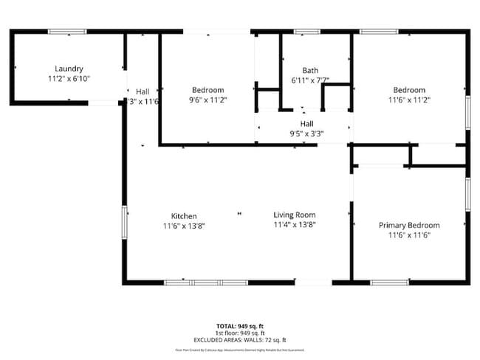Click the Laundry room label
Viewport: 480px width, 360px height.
click(69, 68)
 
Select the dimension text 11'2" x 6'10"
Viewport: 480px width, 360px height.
click(69, 77)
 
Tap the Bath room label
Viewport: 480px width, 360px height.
click(310, 71)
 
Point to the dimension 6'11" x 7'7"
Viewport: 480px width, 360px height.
click(310, 80)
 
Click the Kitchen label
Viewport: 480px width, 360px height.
click(184, 216)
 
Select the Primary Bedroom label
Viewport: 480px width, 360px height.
click(409, 225)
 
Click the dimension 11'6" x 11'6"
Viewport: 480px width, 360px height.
click(409, 235)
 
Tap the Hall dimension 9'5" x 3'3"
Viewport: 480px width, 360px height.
click(306, 134)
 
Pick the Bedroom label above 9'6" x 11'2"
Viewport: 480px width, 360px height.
click(208, 90)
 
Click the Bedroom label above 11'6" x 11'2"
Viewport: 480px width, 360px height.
click(409, 90)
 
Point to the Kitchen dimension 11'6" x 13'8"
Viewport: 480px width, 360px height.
click(184, 226)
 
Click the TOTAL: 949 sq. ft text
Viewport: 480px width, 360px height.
click(240, 325)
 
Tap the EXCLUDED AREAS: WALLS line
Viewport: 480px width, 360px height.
click(240, 339)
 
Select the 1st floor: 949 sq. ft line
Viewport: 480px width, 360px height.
click(240, 333)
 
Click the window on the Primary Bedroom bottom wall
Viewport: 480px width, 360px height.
click(389, 282)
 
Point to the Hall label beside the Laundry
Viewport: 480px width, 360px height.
click(143, 91)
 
